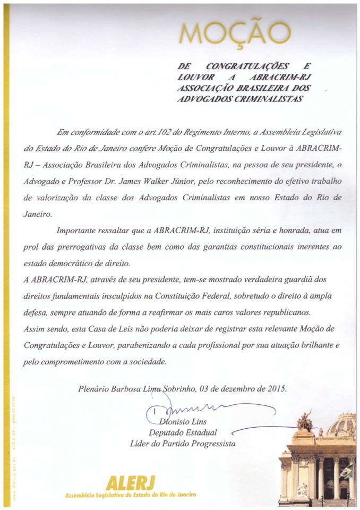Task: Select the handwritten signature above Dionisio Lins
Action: tap(181, 409)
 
